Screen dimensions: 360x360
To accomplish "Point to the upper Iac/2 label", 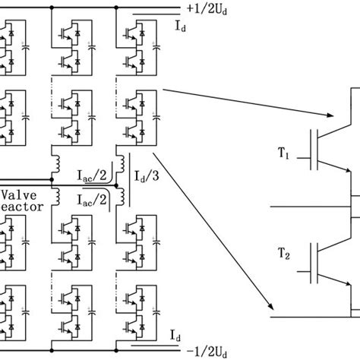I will coord(93,175).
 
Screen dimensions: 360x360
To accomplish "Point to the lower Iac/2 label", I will coord(93,198).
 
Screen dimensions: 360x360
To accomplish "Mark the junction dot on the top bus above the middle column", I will coord(52,8).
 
